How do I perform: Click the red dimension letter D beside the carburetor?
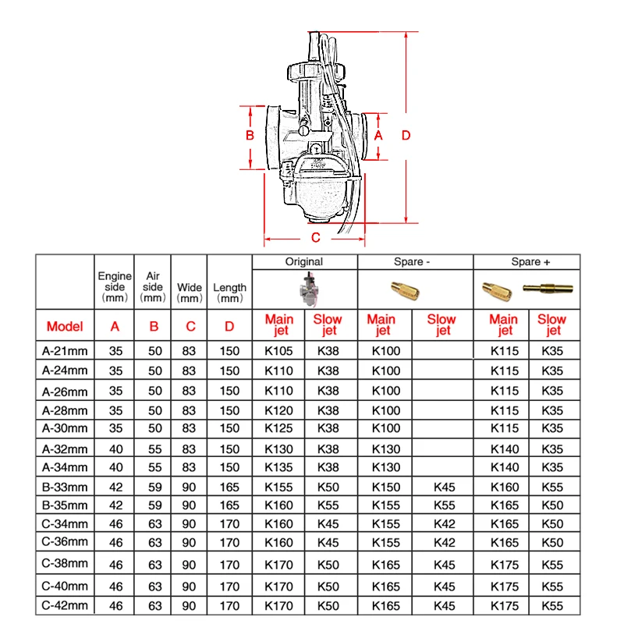[x=406, y=135]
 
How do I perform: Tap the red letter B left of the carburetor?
[x=250, y=135]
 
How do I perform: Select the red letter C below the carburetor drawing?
[x=316, y=238]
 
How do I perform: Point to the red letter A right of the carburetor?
[x=378, y=135]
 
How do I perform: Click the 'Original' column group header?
[x=304, y=262]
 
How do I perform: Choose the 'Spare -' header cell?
[x=412, y=262]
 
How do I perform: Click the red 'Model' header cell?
[x=65, y=326]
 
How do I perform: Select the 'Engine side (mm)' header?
[x=115, y=287]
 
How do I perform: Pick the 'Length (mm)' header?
[x=229, y=292]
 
